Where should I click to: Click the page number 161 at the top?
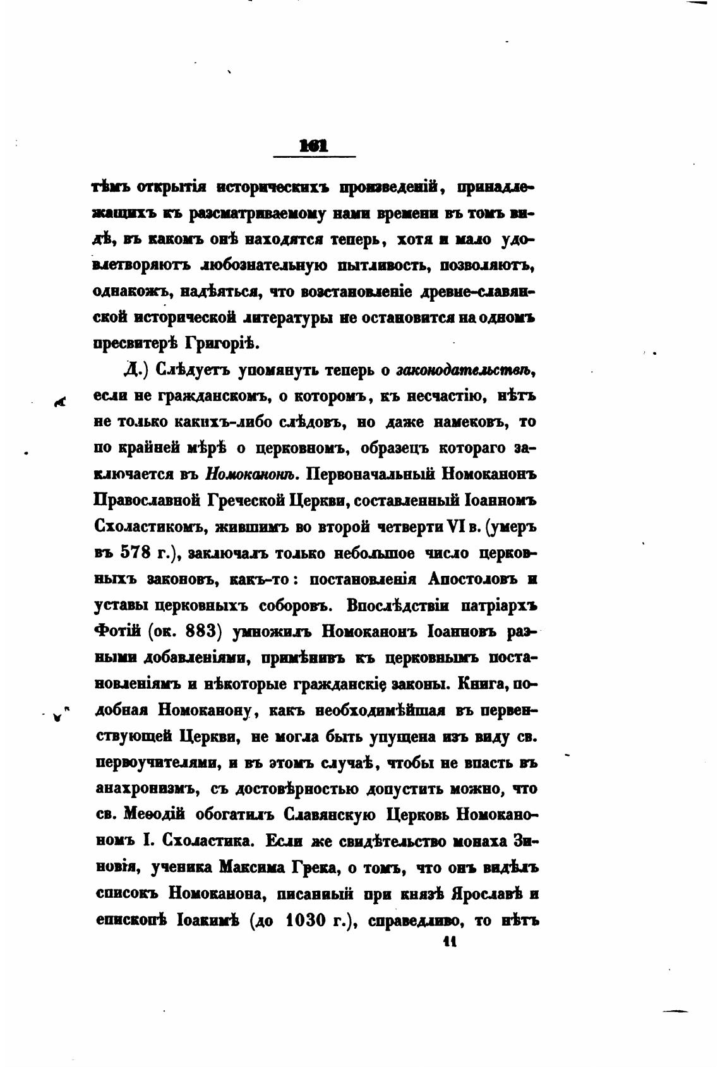(315, 146)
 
